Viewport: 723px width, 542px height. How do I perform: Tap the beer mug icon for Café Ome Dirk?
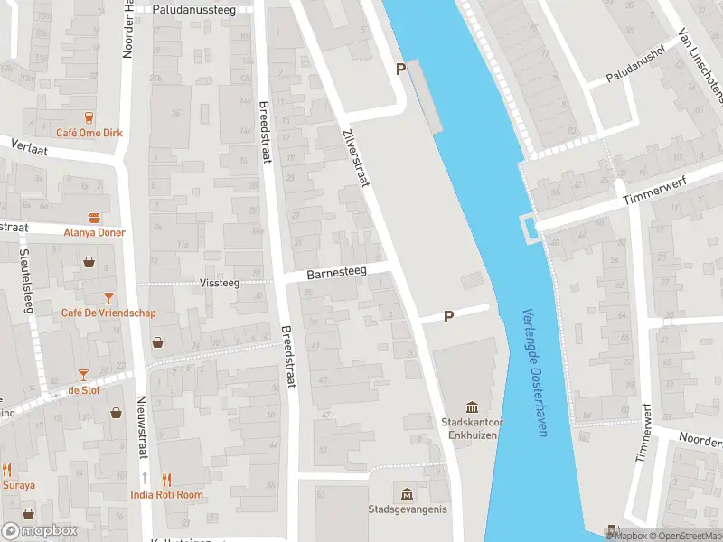89,117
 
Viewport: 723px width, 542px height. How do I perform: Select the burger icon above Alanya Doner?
95,217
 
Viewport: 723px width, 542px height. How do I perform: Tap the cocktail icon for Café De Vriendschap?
108,297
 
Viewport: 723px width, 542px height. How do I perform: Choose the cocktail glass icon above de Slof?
83,374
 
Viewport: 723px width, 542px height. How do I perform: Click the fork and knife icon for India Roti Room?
165,480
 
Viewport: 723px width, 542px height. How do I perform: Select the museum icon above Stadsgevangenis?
407,493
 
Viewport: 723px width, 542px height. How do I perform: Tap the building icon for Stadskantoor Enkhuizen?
471,407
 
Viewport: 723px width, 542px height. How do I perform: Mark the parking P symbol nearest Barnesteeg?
447,316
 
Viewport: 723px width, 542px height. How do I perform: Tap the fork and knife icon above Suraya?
7,470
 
